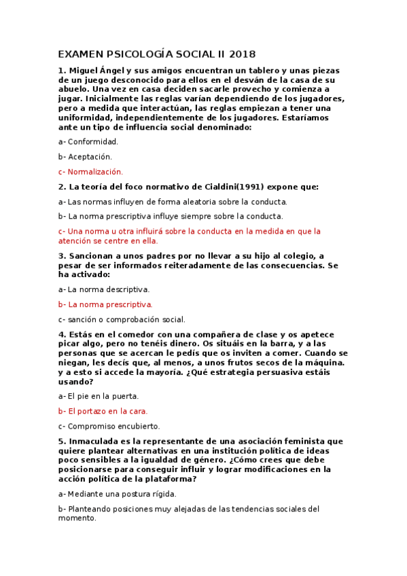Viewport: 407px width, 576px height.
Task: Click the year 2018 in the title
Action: [243, 54]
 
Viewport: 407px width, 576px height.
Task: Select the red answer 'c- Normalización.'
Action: [90, 172]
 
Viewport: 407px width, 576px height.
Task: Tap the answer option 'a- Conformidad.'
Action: [88, 141]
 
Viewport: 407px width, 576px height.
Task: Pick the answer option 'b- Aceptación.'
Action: [85, 156]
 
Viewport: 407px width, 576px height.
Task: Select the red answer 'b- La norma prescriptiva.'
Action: [105, 304]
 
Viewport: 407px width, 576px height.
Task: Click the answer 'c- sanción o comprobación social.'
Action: [122, 319]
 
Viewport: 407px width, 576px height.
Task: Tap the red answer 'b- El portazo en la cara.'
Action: [103, 411]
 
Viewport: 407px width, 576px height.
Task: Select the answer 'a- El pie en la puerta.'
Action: [99, 396]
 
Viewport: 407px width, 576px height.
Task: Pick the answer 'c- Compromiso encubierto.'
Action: [109, 426]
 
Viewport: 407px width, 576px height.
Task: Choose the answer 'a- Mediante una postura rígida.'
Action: [118, 494]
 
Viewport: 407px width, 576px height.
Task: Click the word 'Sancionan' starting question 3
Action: [94, 255]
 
